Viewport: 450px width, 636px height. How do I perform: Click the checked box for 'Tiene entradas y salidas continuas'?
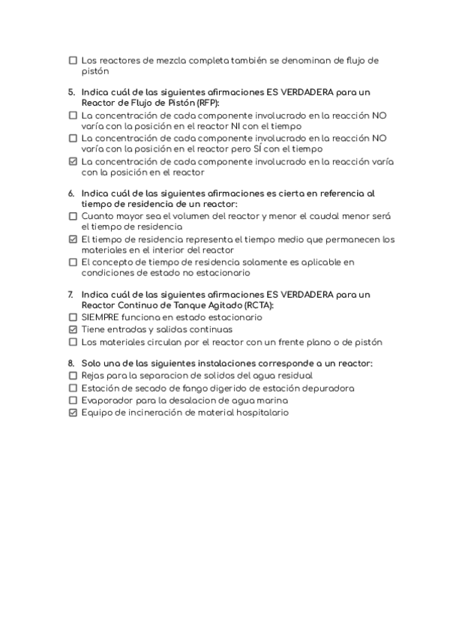pos(73,329)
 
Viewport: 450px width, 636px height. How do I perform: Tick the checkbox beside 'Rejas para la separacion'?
pos(73,375)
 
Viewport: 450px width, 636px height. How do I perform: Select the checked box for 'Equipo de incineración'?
pos(73,412)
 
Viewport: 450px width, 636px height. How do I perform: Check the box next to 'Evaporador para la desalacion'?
pos(73,400)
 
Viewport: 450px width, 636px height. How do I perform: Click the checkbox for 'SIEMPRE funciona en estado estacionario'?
pos(73,317)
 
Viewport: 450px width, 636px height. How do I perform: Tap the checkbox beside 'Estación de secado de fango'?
pos(73,388)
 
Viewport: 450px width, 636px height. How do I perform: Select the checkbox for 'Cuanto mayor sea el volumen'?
pos(73,216)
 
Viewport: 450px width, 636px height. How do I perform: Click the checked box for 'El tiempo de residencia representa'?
pos(73,240)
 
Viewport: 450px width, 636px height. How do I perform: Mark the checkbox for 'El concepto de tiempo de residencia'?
pos(73,262)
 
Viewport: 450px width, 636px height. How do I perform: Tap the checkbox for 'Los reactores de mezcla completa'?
pos(73,60)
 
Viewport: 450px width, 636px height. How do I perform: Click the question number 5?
pos(70,92)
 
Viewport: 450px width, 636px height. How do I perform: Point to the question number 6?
pos(70,193)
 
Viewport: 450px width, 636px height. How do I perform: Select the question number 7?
pos(70,295)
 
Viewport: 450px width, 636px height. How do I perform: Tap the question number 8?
pos(70,363)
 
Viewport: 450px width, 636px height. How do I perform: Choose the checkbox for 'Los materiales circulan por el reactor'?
pos(73,342)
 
